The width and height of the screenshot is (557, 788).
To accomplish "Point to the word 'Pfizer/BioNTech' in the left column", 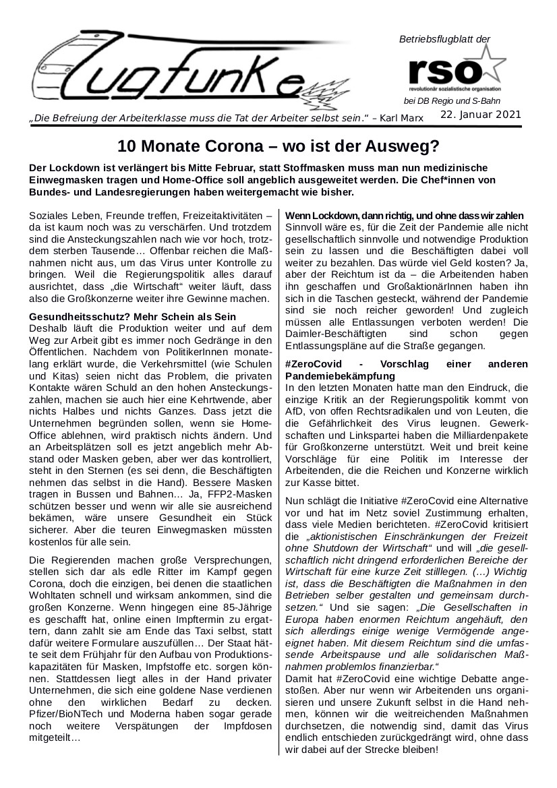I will coord(61,713).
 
